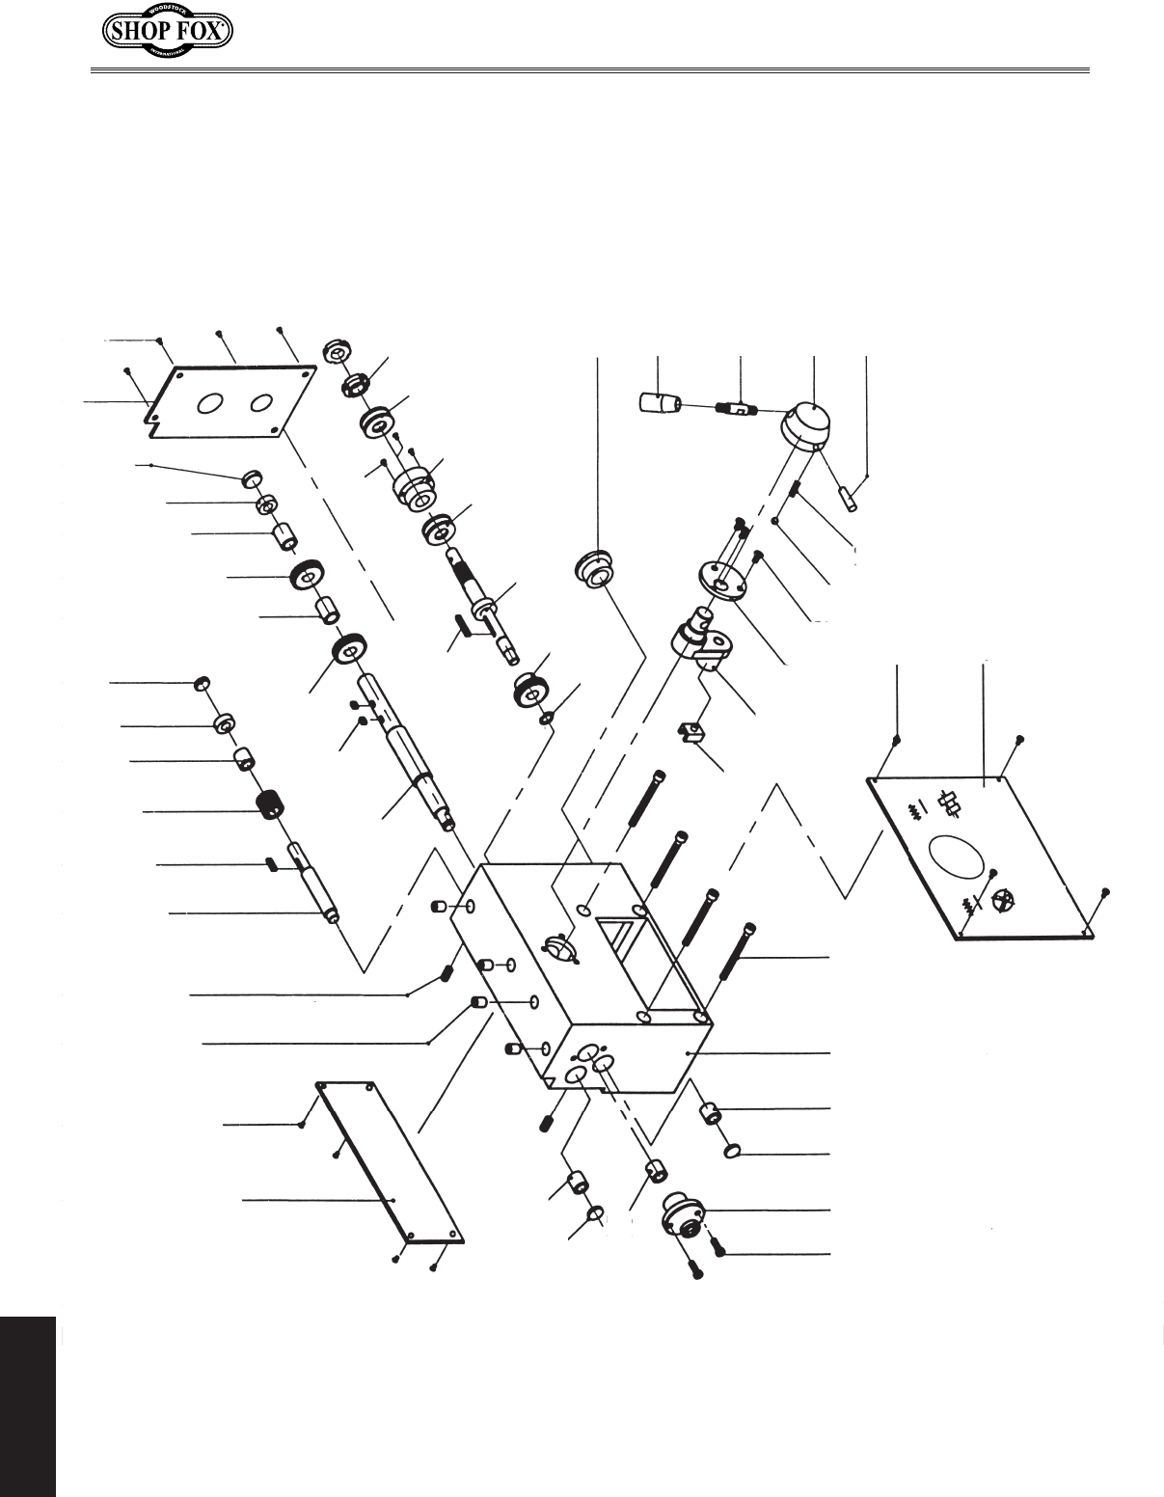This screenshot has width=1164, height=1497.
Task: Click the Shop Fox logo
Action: click(x=168, y=34)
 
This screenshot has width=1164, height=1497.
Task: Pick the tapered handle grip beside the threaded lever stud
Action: click(x=661, y=401)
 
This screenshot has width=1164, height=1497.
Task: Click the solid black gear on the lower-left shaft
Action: click(x=270, y=803)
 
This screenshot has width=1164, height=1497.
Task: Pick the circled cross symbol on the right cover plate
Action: click(x=1006, y=900)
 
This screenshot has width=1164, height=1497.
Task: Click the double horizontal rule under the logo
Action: click(x=589, y=70)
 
